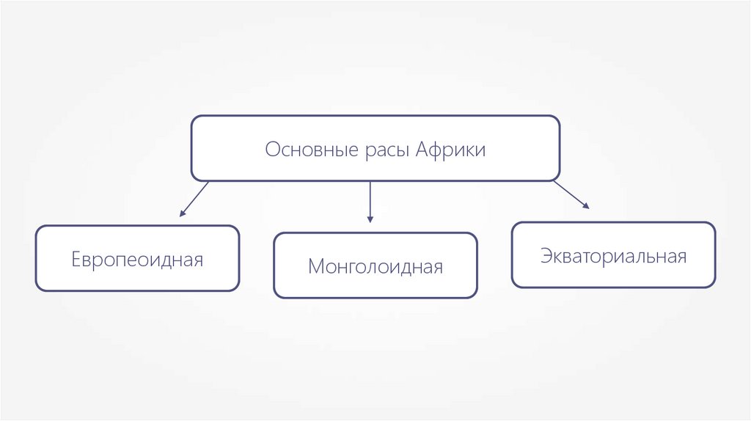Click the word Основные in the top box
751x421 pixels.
tap(311, 150)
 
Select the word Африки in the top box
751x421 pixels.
tap(450, 150)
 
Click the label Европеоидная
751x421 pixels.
tap(137, 260)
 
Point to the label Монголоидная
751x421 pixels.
tap(375, 266)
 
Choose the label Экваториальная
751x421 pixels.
tap(613, 256)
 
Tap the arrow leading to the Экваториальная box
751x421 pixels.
tap(571, 194)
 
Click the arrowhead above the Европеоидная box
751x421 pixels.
tap(183, 213)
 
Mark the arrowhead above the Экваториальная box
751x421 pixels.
tap(586, 207)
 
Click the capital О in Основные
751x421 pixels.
tap(272, 150)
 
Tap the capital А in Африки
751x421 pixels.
tap(422, 150)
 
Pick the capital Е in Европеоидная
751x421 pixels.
tap(76, 260)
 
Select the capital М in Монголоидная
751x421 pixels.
tap(315, 266)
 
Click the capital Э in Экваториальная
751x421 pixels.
tap(546, 256)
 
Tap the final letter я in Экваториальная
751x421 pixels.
tap(681, 257)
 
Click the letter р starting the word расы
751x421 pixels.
tap(367, 152)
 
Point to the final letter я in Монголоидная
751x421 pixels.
tap(438, 268)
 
